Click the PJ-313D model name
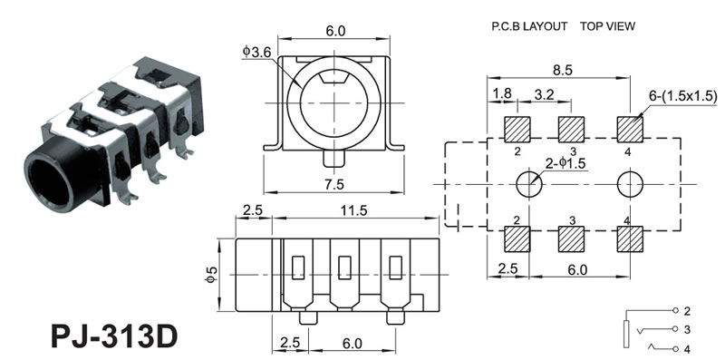(x=114, y=336)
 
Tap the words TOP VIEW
(x=607, y=26)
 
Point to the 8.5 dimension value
(x=562, y=70)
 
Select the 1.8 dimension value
(x=502, y=94)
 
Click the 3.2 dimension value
(x=545, y=94)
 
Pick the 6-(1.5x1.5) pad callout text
(x=683, y=95)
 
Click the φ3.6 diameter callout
(x=256, y=52)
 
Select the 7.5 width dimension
(x=334, y=184)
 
